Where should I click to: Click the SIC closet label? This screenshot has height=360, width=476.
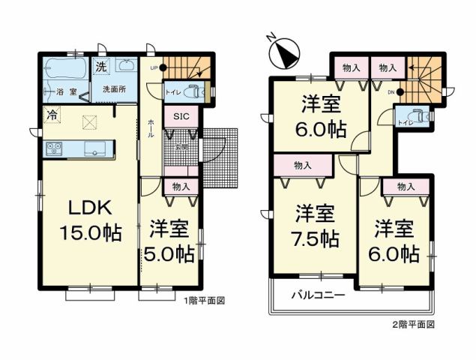(181, 117)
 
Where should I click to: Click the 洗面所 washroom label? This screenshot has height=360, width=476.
(114, 88)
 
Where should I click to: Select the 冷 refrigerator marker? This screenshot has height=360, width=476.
(52, 115)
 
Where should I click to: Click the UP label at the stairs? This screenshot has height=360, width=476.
(153, 67)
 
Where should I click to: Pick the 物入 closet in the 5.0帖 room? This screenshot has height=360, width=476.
(181, 187)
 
